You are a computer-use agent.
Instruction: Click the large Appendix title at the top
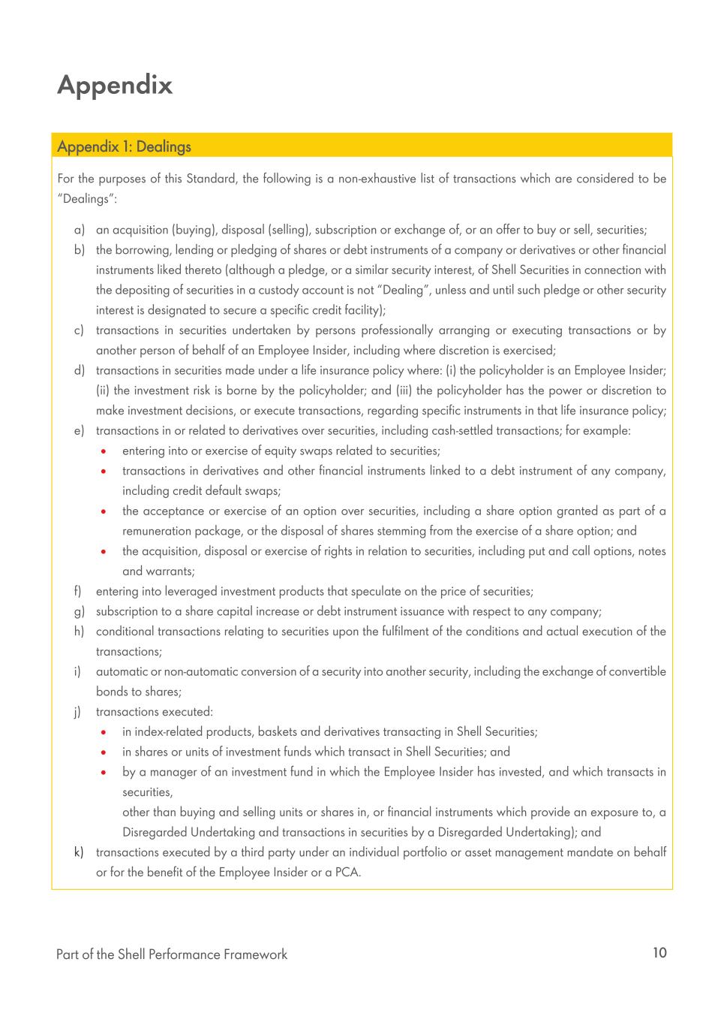coord(115,85)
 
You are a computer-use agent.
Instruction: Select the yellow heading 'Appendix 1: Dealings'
coord(124,146)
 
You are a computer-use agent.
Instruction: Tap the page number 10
coord(659,953)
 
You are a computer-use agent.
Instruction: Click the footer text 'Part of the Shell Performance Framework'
coord(172,954)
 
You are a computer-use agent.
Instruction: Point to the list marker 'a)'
coord(79,230)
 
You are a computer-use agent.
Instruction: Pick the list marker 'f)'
coord(79,591)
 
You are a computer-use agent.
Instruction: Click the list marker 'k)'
coord(79,852)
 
